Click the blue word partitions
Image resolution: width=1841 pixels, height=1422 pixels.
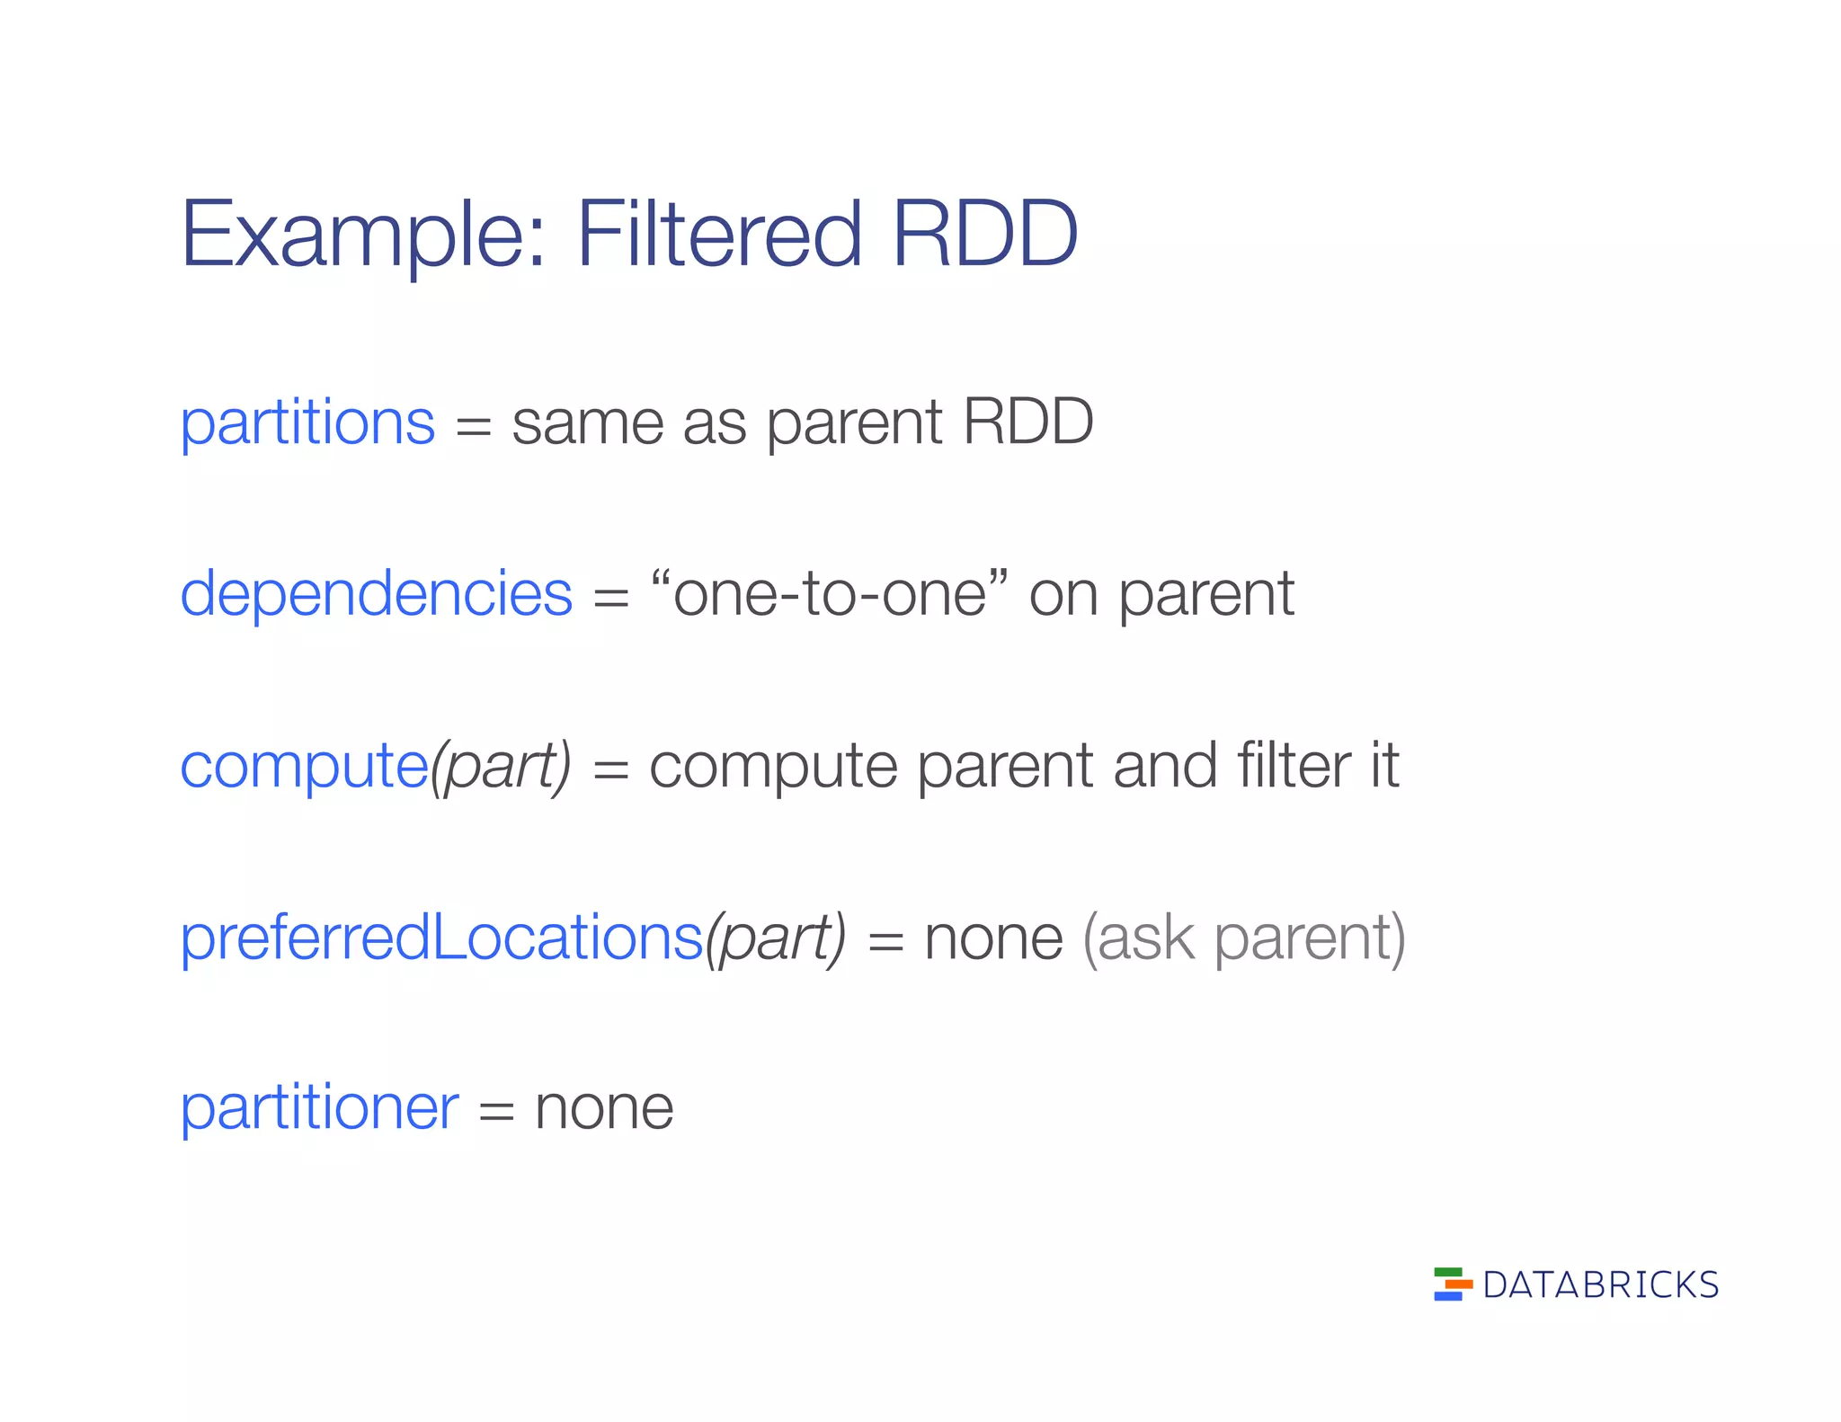[307, 423]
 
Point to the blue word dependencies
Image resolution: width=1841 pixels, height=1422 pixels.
[376, 594]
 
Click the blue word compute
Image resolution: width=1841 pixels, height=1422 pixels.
[304, 767]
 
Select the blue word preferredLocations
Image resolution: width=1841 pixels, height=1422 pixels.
[440, 938]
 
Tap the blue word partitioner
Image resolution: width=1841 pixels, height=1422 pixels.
[319, 1107]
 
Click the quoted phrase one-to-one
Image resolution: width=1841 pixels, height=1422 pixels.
[829, 594]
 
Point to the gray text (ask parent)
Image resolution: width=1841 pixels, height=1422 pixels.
[1244, 938]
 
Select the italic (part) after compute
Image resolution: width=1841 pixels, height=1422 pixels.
[501, 767]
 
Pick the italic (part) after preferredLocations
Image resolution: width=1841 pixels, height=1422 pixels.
[776, 938]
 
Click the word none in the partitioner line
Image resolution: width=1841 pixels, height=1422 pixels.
[603, 1109]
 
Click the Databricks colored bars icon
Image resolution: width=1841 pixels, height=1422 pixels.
[1452, 1284]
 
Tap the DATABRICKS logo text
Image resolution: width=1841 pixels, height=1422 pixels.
[1600, 1285]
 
